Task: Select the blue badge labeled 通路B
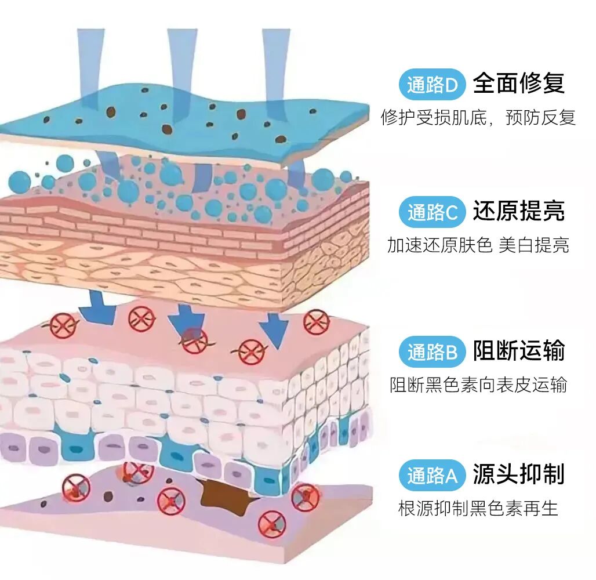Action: coord(433,352)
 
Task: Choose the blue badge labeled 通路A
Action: coord(433,476)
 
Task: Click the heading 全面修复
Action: coord(518,84)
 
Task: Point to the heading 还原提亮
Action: coord(518,211)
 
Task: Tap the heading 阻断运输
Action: coord(518,351)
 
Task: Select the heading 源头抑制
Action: coord(518,474)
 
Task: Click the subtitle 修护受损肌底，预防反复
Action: coord(478,118)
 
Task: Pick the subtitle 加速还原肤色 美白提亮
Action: coord(478,245)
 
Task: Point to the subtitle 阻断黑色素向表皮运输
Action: coord(478,385)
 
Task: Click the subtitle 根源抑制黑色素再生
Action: coord(478,509)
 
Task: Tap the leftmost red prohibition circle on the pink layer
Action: coord(63,325)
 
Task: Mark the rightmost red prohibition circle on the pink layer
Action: coord(317,322)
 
